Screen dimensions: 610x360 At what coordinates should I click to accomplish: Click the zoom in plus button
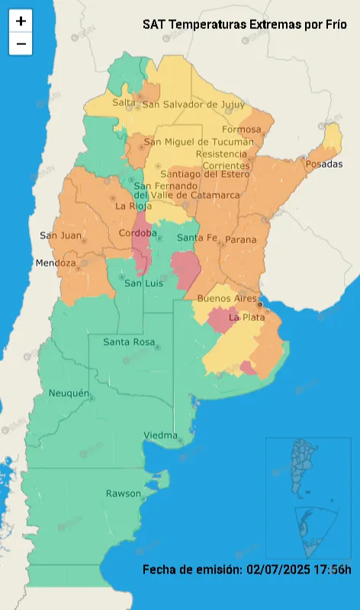pos(21,21)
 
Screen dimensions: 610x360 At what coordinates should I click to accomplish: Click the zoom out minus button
pos(21,44)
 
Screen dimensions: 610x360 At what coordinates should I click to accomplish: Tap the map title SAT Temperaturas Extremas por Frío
pos(244,24)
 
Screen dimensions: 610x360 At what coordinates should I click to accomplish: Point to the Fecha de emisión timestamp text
pos(246,570)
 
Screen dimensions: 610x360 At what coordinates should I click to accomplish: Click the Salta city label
pos(124,103)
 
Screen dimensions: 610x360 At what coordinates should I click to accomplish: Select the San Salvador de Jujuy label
pos(194,104)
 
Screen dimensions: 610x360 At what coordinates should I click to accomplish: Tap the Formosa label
pos(241,130)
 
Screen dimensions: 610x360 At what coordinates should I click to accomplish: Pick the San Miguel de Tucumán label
pos(199,142)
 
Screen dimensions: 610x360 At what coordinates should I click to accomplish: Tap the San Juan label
pos(59,235)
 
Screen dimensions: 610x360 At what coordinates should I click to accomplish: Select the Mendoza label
pos(56,264)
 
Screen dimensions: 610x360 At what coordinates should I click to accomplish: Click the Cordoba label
pos(138,233)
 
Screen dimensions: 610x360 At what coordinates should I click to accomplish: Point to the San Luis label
pos(144,284)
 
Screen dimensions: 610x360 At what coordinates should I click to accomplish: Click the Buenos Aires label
pos(227,298)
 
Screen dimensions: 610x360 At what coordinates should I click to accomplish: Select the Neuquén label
pos(69,393)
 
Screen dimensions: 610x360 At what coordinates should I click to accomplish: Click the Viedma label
pos(161,435)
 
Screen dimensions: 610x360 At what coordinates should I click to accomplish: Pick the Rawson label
pos(124,493)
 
